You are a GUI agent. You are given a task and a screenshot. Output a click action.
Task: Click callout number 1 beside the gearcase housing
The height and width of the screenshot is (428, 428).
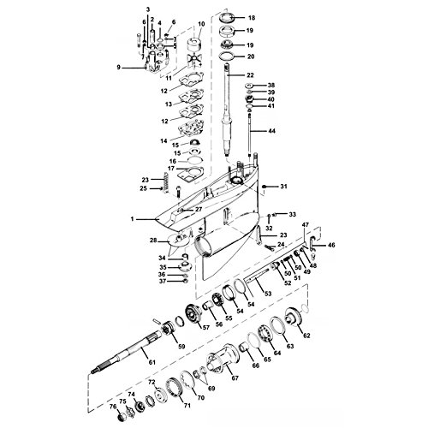[x=132, y=219]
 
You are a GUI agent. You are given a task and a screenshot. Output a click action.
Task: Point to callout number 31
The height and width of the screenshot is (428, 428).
[x=285, y=187]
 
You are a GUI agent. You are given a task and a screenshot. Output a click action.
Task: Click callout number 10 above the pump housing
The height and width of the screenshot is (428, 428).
[x=200, y=25]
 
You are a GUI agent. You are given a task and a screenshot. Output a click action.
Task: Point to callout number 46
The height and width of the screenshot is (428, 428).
[x=332, y=246]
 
